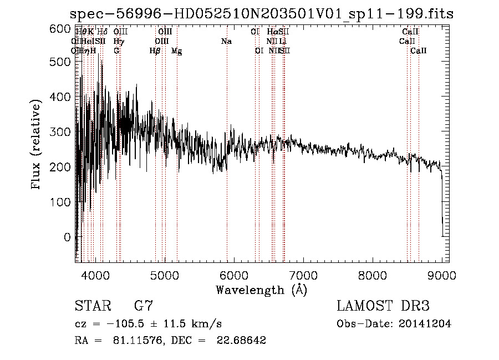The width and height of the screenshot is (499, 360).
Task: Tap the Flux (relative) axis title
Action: (37, 145)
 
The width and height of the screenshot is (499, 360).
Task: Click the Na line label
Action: (226, 41)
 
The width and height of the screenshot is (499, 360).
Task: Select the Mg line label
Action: (176, 51)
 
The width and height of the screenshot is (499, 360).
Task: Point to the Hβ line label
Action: (155, 51)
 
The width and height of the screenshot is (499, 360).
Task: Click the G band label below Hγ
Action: (116, 51)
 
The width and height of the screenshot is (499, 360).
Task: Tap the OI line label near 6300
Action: (259, 51)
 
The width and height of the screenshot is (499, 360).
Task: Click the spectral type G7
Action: (144, 306)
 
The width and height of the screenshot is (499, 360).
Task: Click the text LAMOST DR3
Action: (383, 306)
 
